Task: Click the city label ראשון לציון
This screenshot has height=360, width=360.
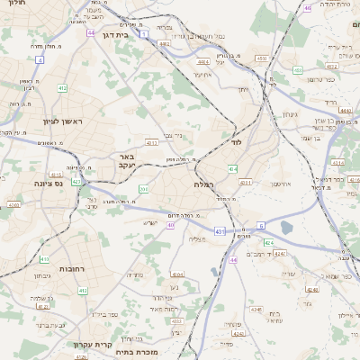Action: point(61,121)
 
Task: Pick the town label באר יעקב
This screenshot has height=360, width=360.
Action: point(126,161)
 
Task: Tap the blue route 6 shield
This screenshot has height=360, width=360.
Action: point(261,225)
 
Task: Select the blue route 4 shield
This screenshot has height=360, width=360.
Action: point(40,59)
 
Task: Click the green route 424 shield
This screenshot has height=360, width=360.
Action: point(269,243)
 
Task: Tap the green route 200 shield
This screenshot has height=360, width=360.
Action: point(143,189)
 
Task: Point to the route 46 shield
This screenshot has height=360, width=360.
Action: point(308,7)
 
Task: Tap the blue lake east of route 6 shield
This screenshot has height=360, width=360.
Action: point(286,228)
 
